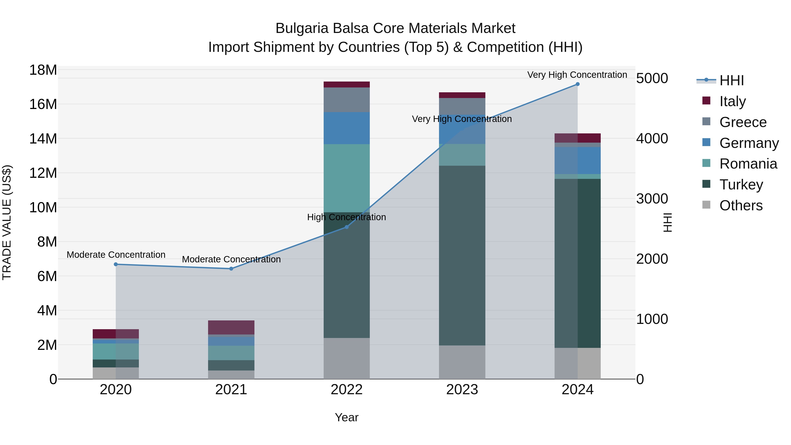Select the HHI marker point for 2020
116,264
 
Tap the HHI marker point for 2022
347,227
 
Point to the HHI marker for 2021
231,269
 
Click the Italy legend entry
732,101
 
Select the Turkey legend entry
741,185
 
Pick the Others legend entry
741,205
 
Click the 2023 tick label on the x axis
462,390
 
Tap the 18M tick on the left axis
43,70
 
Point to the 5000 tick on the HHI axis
652,78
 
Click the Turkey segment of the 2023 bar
462,256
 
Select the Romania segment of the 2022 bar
347,178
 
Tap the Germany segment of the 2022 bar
347,128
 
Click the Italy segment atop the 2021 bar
231,327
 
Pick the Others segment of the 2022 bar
347,358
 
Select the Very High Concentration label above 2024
577,75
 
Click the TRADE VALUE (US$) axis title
7,222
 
